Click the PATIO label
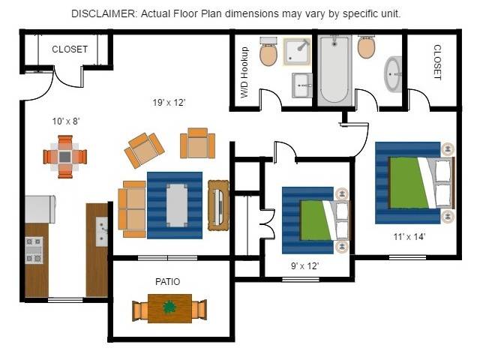167,282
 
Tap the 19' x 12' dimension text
169,102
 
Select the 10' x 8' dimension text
66,121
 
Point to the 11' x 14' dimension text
409,237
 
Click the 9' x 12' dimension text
304,265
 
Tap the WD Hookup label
244,72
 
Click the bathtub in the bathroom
334,70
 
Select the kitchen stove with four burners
34,250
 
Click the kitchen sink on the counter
102,232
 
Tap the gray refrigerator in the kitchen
40,209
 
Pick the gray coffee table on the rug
177,205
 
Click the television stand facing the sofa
218,205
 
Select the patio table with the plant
169,308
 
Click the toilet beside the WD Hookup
268,52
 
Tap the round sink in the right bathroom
393,74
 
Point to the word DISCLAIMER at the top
104,13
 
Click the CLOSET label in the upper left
70,49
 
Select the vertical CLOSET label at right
438,62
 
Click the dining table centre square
65,157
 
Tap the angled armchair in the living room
144,150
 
